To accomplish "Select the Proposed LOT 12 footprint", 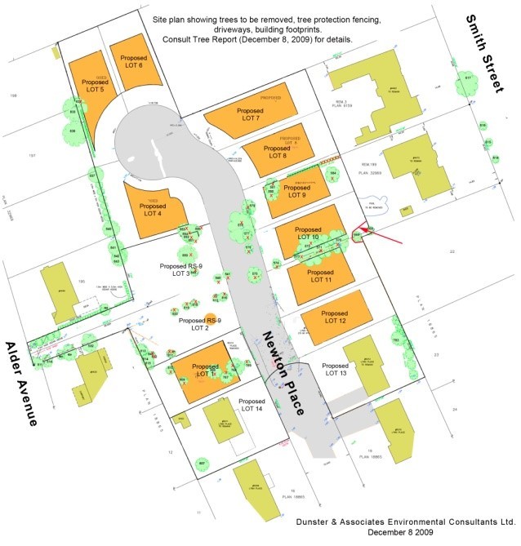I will click(336, 317).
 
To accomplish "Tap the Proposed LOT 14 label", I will click(255, 406).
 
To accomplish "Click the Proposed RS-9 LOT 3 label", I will click(176, 270).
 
